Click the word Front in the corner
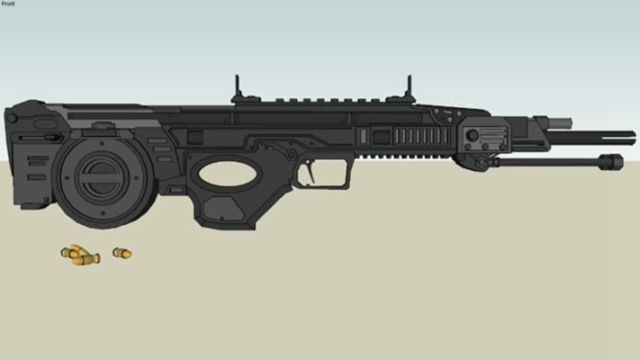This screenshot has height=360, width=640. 8,4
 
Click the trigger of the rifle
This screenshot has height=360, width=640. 311,171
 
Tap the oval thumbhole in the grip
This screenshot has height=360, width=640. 228,174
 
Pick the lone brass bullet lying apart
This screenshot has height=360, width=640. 122,253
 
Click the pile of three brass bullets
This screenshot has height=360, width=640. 80,255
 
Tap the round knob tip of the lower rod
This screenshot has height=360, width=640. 611,162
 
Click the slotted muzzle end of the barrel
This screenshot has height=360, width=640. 612,138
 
